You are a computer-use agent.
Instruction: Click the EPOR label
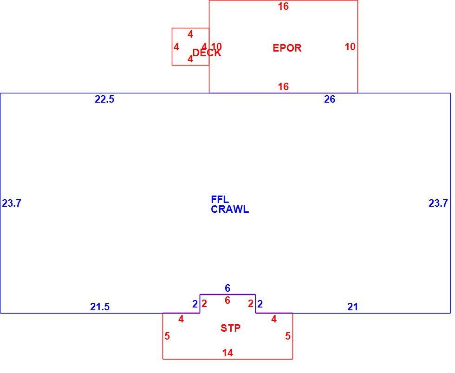[287, 48]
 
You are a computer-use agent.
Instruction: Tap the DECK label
[207, 53]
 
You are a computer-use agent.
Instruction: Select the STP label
[230, 328]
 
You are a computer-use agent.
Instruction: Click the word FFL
[220, 199]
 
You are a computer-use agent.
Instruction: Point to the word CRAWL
[230, 209]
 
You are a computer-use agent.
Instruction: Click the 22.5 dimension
[104, 99]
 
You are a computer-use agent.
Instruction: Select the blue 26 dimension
[330, 99]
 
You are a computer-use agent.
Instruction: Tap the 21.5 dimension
[100, 307]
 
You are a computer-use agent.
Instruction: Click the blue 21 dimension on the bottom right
[352, 307]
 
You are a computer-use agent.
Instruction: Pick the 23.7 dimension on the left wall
[12, 203]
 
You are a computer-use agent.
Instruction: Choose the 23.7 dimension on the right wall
[438, 203]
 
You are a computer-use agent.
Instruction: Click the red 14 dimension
[228, 353]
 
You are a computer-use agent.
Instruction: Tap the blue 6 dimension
[227, 288]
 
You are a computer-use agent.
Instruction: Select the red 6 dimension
[227, 301]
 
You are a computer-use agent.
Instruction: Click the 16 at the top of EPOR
[284, 7]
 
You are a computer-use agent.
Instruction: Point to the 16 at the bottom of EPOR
[284, 86]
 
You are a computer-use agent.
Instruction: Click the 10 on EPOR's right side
[350, 46]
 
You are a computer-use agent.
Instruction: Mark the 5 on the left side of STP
[167, 336]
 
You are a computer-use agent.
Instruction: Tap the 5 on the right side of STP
[287, 336]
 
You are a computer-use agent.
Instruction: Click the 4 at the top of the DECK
[190, 34]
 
